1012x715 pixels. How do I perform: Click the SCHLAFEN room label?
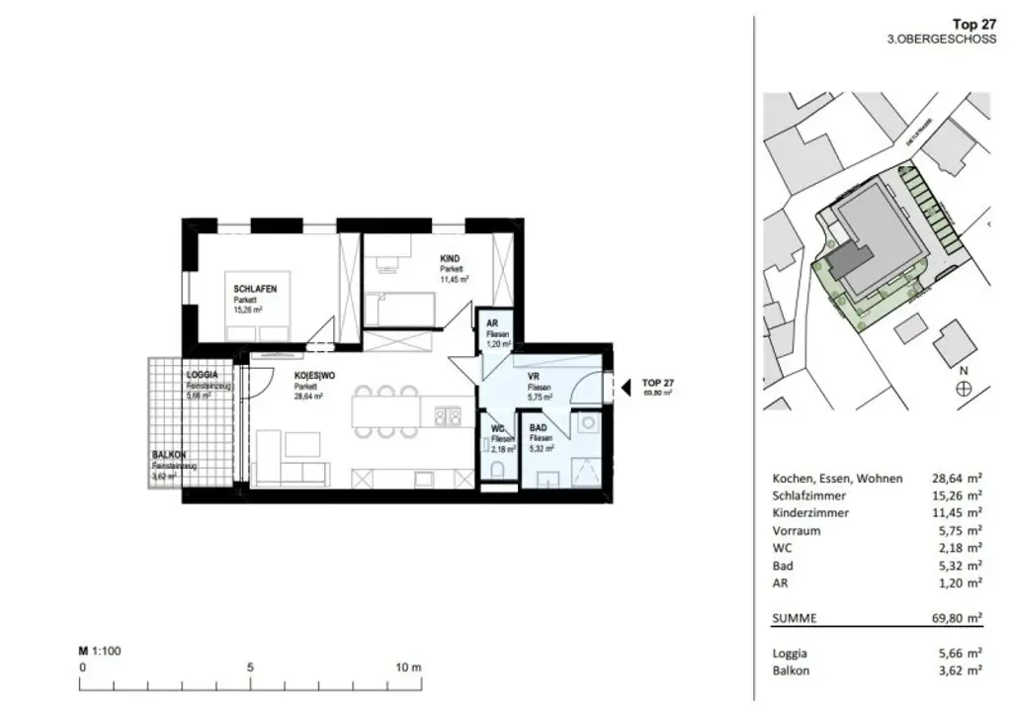255,288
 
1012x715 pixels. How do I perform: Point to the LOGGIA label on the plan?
203,376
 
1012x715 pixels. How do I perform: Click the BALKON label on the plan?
169,455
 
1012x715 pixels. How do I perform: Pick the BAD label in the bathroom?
539,427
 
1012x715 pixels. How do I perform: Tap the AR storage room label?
492,324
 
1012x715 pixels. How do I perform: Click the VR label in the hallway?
533,376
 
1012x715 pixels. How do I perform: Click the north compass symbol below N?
963,389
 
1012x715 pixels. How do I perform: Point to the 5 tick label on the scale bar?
250,668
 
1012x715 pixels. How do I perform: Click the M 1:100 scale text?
99,651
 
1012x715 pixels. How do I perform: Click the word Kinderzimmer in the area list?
809,513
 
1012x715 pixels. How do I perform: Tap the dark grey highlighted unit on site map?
850,261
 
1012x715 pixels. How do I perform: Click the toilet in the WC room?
496,471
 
